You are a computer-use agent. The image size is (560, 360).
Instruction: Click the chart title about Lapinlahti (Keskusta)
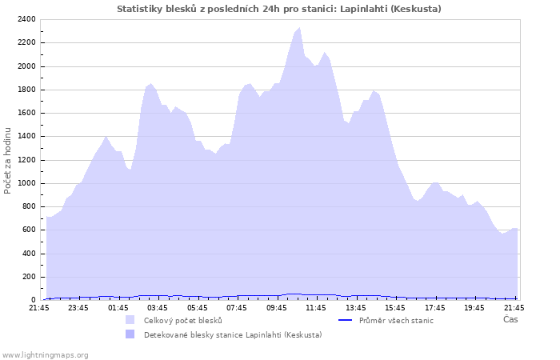(x=278, y=9)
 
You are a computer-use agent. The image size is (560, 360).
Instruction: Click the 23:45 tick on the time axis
(x=78, y=307)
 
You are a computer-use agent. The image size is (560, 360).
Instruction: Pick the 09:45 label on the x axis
(x=276, y=307)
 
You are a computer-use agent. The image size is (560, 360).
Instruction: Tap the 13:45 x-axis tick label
(x=355, y=307)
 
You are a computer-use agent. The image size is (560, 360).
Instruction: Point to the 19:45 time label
(x=474, y=307)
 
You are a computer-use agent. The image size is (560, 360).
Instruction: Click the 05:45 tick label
(x=197, y=307)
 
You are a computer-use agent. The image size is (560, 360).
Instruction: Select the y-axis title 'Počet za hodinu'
(x=8, y=160)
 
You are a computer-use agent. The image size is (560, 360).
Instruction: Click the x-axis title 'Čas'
(x=510, y=319)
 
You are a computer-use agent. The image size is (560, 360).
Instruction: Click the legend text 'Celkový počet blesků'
(x=182, y=321)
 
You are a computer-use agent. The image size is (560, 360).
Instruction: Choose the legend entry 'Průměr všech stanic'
(x=396, y=321)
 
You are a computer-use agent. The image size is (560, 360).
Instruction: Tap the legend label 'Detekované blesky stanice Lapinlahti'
(x=233, y=335)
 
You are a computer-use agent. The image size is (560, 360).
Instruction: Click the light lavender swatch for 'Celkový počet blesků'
(x=130, y=320)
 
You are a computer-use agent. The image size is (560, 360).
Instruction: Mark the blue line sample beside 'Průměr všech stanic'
(x=346, y=320)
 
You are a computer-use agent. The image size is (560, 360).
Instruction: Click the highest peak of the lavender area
(x=299, y=28)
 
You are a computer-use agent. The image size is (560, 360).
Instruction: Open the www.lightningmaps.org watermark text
(x=45, y=354)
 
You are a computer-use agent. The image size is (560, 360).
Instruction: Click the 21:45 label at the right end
(x=514, y=307)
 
